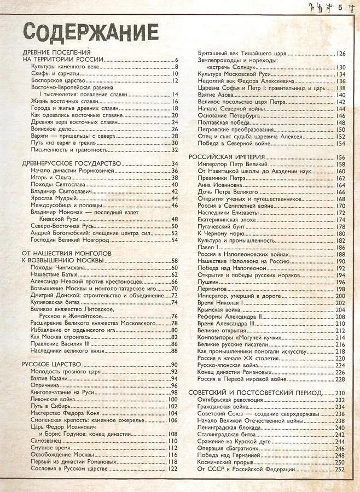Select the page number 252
click(x=340, y=469)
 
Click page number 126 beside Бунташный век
click(x=340, y=54)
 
